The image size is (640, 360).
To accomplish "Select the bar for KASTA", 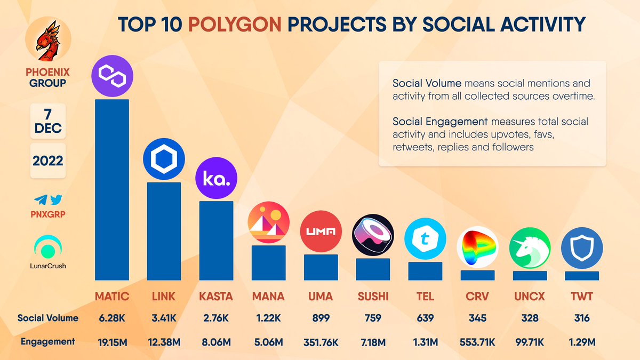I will click(216, 240).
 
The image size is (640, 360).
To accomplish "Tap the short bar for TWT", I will click(582, 276).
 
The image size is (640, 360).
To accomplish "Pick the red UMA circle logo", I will click(321, 231).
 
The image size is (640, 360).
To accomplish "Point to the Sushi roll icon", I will click(373, 235).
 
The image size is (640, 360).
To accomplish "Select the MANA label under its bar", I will click(268, 296).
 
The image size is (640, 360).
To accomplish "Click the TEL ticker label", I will click(425, 296).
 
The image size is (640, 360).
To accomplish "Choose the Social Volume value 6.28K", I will click(111, 318).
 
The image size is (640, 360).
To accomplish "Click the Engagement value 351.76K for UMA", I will click(321, 341).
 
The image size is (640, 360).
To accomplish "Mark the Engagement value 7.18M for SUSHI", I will click(373, 341).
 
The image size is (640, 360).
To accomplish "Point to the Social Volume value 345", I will click(477, 318).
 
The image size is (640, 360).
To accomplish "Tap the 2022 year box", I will click(48, 161).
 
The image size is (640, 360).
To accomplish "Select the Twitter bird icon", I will click(56, 200).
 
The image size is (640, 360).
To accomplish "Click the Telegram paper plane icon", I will click(41, 200).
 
